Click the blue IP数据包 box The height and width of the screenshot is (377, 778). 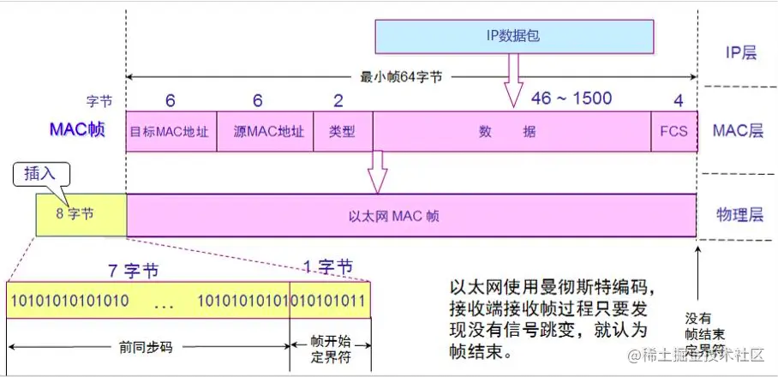pos(515,37)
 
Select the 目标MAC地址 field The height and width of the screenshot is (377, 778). pos(171,132)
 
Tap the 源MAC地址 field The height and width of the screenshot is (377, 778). pos(266,132)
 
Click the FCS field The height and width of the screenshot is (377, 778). pos(673,132)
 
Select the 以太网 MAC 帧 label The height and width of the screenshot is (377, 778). pos(410,216)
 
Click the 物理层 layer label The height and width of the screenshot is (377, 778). pos(739,215)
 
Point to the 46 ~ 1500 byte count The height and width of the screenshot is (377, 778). pos(572,98)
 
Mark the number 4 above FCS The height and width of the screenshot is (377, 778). pos(678,100)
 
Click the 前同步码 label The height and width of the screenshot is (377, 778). pos(147,348)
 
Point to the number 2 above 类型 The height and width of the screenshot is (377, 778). pos(338,100)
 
